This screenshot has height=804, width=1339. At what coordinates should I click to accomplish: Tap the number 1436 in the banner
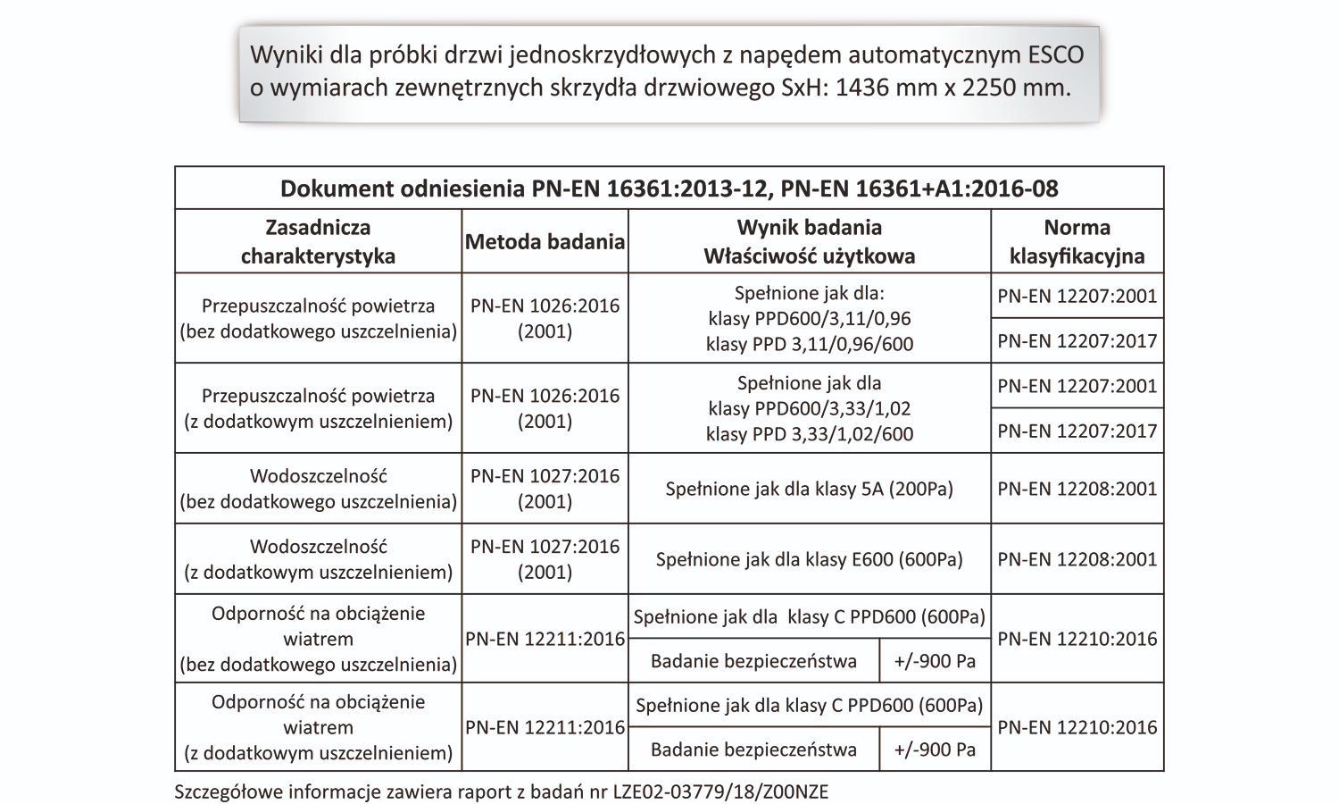pyautogui.click(x=867, y=88)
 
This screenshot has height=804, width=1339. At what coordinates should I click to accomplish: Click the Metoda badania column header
pyautogui.click(x=545, y=242)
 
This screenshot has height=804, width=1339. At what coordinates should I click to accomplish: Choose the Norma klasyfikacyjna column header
pyautogui.click(x=1077, y=242)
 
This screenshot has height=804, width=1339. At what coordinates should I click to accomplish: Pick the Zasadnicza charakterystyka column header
pyautogui.click(x=318, y=242)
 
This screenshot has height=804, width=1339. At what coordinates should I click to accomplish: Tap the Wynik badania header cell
pyautogui.click(x=809, y=242)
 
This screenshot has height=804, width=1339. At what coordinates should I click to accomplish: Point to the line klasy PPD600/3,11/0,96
pyautogui.click(x=809, y=319)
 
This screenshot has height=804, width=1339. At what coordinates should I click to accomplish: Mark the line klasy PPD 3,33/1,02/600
pyautogui.click(x=809, y=434)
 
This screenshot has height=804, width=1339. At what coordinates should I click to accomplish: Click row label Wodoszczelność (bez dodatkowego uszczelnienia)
pyautogui.click(x=318, y=489)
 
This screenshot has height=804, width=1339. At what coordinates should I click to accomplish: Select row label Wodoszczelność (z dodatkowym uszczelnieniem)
pyautogui.click(x=318, y=559)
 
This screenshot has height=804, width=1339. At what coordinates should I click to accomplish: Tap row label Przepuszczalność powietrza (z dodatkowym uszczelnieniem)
pyautogui.click(x=318, y=408)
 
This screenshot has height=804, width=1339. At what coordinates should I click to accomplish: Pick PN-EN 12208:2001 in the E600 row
pyautogui.click(x=1077, y=560)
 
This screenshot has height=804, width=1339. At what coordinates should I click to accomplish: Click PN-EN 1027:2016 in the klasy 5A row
pyautogui.click(x=545, y=476)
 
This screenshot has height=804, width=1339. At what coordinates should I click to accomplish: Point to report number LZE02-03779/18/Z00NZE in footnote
pyautogui.click(x=720, y=791)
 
